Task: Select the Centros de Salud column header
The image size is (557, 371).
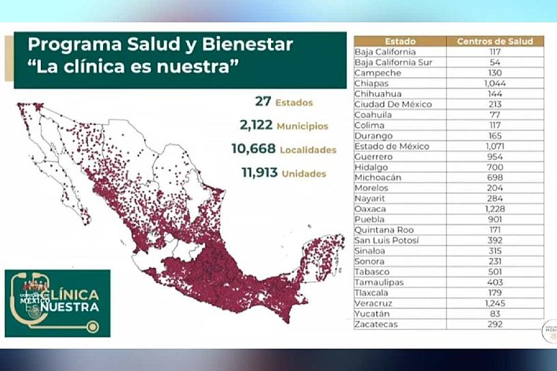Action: pos(495,41)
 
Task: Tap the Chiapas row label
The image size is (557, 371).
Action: pos(373,83)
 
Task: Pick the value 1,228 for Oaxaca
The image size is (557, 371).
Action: pos(495,209)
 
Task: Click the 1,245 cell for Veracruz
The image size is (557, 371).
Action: pos(495,303)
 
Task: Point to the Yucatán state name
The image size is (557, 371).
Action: pos(373,314)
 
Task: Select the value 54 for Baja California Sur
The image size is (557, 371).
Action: pos(495,62)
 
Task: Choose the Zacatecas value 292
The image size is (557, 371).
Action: pos(495,325)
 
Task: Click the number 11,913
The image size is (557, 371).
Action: pos(259,173)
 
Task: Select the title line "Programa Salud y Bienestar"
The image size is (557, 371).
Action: pos(160,46)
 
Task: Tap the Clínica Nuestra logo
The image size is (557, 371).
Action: pos(57,303)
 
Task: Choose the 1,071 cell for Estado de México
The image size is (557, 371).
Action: pos(495,146)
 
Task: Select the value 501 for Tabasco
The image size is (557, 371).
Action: pos(495,272)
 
